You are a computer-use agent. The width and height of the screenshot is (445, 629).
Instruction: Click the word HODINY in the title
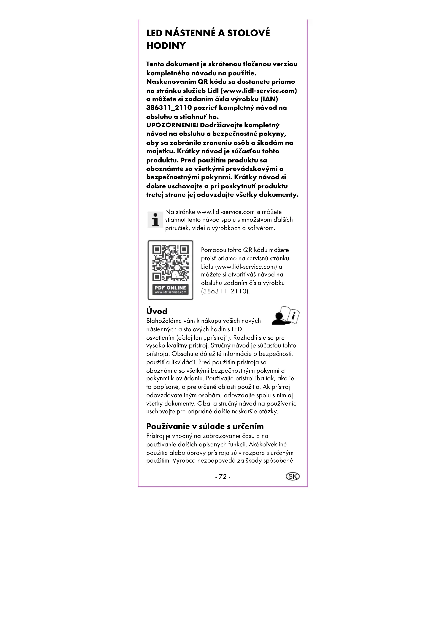[166, 46]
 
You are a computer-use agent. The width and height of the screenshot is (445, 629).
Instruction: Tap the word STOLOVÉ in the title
[249, 33]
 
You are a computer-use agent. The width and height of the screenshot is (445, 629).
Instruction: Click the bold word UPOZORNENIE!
[172, 125]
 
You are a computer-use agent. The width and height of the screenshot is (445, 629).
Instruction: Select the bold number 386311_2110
[169, 108]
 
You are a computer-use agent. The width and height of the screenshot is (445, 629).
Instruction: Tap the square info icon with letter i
[155, 220]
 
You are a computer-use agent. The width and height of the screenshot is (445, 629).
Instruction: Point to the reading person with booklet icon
[285, 316]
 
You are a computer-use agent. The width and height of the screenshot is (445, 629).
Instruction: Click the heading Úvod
[157, 311]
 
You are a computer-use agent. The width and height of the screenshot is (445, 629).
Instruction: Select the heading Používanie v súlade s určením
[205, 426]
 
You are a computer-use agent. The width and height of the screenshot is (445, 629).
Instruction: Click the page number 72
[222, 477]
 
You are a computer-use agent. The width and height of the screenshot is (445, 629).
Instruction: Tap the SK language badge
[292, 477]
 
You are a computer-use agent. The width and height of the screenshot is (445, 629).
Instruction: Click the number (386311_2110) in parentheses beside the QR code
[225, 291]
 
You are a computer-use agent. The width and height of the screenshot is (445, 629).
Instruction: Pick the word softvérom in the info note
[261, 228]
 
